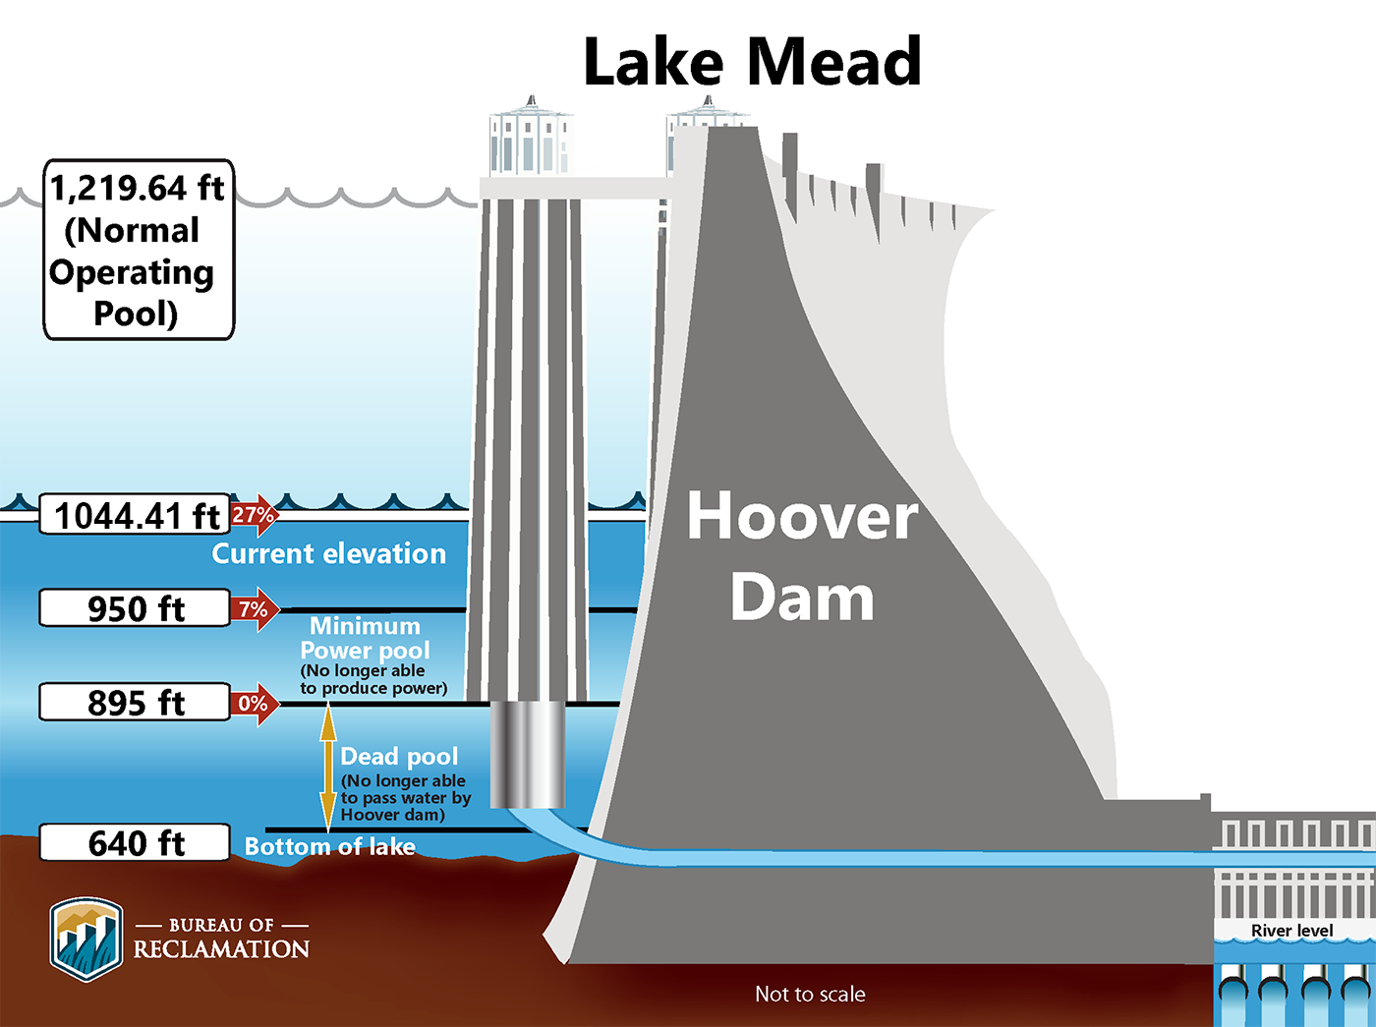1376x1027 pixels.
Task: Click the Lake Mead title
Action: [752, 62]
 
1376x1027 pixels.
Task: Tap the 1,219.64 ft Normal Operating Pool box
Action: [138, 251]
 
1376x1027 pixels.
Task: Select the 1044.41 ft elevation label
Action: [136, 515]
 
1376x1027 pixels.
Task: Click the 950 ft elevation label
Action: [136, 609]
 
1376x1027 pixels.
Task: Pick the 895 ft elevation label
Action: [136, 703]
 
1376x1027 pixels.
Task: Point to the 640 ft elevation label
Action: [136, 843]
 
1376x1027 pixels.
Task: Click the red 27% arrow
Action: [255, 515]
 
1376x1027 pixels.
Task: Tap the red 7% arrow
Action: [255, 610]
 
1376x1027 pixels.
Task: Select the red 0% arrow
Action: [255, 704]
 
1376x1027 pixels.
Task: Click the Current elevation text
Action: [328, 554]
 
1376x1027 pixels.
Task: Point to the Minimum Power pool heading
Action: [365, 639]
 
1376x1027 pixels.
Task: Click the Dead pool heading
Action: [399, 757]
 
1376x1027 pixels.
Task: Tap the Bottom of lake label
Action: [329, 847]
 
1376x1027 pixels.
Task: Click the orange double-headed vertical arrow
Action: [328, 767]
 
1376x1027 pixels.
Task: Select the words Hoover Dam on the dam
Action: [802, 556]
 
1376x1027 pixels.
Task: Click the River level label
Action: [1291, 931]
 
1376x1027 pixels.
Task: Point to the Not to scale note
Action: [810, 995]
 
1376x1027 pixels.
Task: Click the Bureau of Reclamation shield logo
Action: [86, 939]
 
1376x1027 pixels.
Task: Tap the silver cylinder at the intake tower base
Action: [527, 755]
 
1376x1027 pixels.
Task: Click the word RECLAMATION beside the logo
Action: [222, 949]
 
